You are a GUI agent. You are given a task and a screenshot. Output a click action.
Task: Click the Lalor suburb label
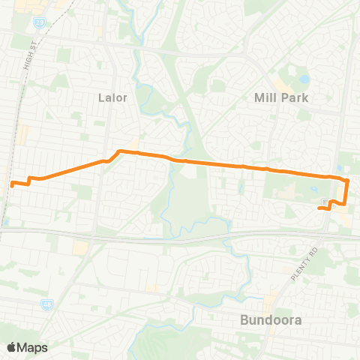click(114, 97)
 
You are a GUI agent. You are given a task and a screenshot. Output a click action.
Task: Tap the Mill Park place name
click(282, 97)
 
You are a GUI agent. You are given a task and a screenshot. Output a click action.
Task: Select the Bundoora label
click(271, 320)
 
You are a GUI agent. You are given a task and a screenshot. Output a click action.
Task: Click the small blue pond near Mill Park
click(304, 79)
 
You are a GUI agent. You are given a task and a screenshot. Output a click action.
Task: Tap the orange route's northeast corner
click(347, 180)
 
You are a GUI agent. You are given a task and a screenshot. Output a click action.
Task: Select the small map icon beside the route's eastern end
click(323, 202)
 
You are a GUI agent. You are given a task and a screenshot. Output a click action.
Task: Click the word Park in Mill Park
click(295, 97)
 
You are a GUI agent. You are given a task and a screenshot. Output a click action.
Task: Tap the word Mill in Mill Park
click(266, 97)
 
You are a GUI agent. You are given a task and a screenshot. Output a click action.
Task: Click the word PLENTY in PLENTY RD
click(301, 268)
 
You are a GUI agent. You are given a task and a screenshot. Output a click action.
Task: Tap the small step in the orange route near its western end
click(29, 181)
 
